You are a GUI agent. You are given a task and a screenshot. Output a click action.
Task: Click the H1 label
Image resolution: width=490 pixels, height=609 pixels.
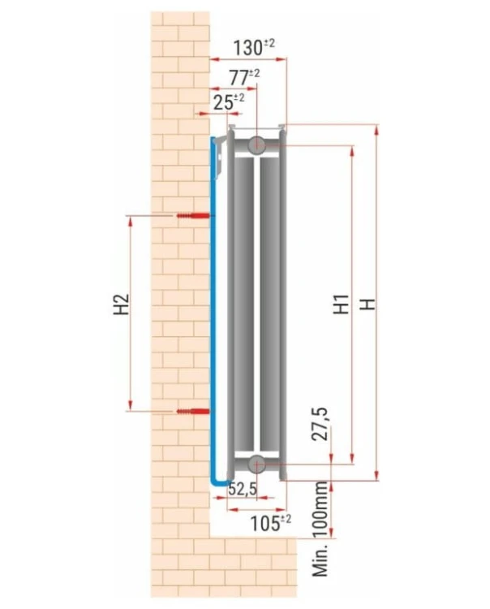click(342, 304)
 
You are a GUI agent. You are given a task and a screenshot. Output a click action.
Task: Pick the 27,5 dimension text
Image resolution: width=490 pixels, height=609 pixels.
click(320, 424)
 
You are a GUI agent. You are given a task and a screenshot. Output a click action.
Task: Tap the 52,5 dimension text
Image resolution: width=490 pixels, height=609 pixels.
click(243, 489)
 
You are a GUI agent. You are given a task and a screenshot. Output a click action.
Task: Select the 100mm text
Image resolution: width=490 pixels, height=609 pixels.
click(320, 510)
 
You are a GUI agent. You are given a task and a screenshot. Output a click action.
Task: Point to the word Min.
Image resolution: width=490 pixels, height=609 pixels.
click(320, 559)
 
